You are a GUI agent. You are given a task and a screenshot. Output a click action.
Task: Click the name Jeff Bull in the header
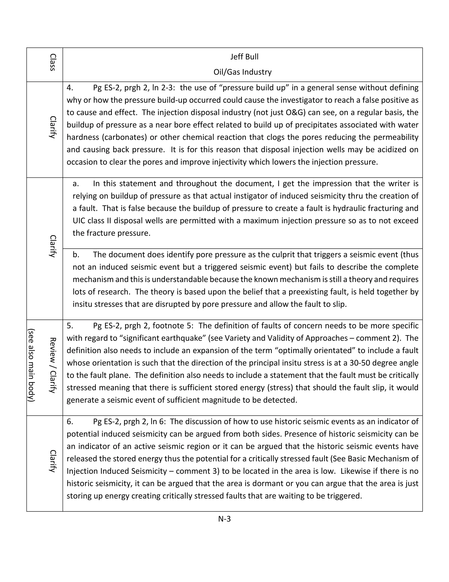(x=244, y=57)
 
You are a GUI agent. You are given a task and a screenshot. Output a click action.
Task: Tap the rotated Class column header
(x=53, y=62)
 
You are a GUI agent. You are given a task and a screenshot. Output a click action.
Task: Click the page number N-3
(x=224, y=519)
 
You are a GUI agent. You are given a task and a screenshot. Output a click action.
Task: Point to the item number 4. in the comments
(x=70, y=88)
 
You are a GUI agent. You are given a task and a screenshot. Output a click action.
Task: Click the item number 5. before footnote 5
(x=70, y=326)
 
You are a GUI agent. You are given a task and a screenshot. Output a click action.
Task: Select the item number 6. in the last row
(x=70, y=421)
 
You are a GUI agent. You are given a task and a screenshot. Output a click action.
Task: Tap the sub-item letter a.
(x=76, y=183)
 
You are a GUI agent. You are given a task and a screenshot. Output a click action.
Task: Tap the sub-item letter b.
(x=76, y=255)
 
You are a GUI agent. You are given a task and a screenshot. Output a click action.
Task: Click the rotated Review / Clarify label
(x=53, y=365)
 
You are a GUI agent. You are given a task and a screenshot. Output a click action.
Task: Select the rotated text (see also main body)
(x=31, y=365)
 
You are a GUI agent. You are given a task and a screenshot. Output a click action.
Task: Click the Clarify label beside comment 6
(x=53, y=461)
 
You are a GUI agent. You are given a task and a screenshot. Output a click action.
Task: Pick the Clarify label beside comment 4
(x=53, y=127)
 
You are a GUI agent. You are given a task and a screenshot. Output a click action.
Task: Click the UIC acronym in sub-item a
(x=78, y=221)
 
